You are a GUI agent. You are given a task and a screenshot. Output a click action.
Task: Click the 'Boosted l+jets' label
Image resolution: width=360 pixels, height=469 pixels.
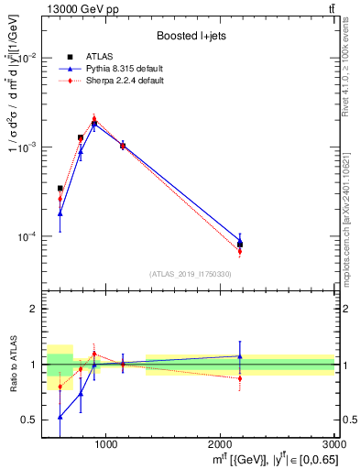point(190,36)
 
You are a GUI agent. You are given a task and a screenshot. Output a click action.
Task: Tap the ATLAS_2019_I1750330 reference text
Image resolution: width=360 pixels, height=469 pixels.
point(190,274)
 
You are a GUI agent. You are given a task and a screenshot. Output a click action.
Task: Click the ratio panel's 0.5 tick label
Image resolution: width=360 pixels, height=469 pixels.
point(31,420)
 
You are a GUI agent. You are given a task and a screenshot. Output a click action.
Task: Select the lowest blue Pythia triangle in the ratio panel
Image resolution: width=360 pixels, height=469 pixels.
point(60,417)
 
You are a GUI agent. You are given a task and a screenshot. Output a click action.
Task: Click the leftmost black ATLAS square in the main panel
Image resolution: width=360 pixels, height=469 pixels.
point(60,189)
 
